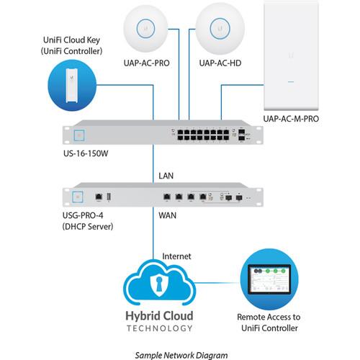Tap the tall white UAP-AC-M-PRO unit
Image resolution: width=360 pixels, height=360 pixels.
tap(292, 54)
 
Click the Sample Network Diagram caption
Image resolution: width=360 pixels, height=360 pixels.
tap(180, 354)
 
